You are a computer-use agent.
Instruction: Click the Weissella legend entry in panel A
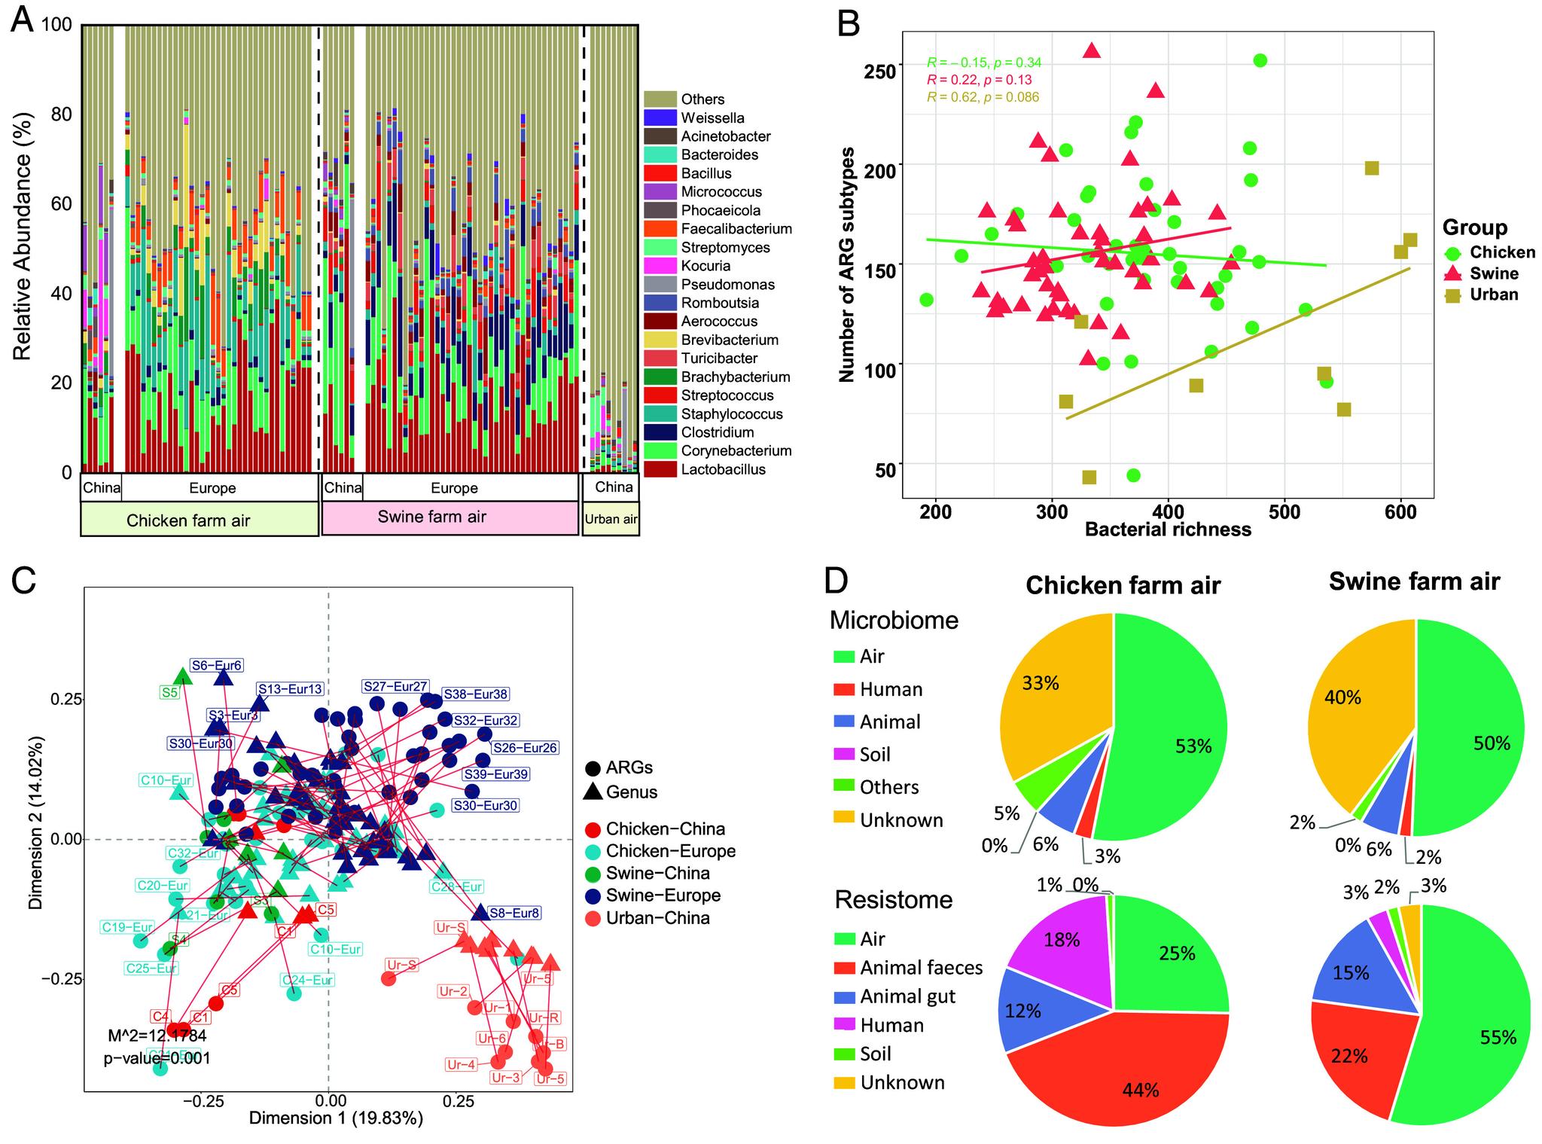(x=712, y=118)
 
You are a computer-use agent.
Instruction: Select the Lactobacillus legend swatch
(x=660, y=470)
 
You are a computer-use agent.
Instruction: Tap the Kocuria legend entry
(x=705, y=266)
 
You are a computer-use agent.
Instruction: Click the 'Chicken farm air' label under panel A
(x=188, y=520)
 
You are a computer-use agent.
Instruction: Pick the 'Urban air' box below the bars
(x=611, y=519)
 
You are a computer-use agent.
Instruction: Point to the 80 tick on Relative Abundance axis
(x=61, y=114)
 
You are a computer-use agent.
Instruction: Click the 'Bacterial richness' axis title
(x=1168, y=529)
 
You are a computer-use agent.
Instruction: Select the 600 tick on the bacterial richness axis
(x=1400, y=512)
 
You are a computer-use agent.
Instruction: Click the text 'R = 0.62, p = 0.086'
(x=983, y=97)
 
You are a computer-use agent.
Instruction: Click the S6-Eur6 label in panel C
(x=216, y=666)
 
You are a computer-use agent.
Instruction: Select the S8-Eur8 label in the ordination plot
(x=514, y=914)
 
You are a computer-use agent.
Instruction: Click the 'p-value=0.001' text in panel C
(x=157, y=1058)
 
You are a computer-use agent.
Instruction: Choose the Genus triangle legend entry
(x=632, y=792)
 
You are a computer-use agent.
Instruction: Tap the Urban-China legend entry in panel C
(x=657, y=918)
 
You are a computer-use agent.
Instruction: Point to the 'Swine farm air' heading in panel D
(x=1414, y=582)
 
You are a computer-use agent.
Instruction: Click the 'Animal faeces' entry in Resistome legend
(x=921, y=968)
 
